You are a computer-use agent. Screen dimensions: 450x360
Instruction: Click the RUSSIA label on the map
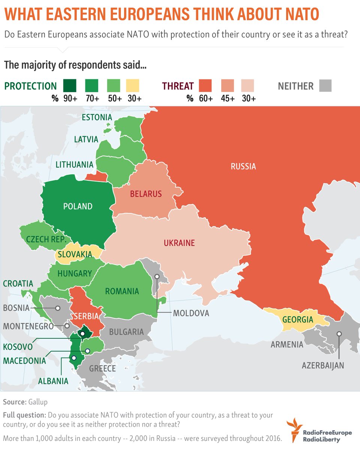coord(243,166)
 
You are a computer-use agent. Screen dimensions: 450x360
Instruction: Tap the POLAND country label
coord(78,206)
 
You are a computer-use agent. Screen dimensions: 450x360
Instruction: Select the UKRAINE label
coord(179,243)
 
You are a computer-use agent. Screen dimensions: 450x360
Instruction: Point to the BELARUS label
coord(146,194)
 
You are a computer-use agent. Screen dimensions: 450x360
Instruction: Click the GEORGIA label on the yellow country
coord(298,319)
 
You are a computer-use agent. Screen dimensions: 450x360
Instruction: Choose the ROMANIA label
coord(122,291)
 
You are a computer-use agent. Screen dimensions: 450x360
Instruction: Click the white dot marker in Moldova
coord(157,276)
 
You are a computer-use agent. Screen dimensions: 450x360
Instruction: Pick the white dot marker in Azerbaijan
coord(339,333)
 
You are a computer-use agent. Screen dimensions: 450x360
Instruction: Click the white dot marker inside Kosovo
coord(82,333)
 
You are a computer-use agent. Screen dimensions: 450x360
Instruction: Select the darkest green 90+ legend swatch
coord(70,86)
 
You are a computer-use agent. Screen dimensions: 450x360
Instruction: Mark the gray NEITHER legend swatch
coord(325,86)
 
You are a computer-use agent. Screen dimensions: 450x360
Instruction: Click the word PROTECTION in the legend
coord(30,86)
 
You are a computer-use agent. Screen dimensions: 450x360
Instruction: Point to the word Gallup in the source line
coord(37,402)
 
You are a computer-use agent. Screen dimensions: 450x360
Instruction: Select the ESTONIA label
coord(97,117)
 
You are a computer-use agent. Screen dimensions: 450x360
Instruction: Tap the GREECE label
coord(102,369)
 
